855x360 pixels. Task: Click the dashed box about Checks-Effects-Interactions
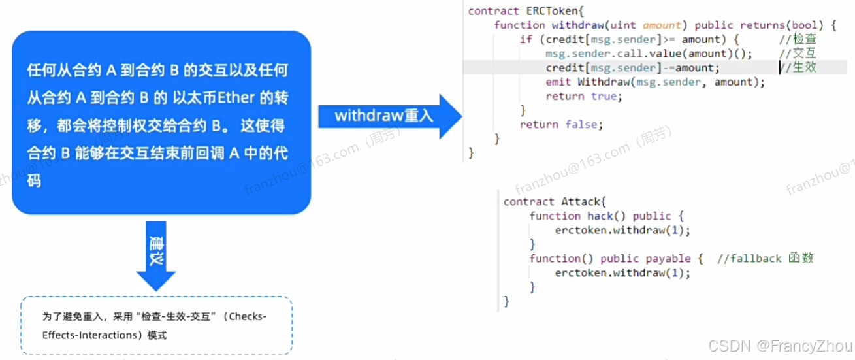coord(156,325)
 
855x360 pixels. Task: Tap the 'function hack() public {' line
coord(605,216)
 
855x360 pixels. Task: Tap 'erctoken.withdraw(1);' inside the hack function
coord(622,230)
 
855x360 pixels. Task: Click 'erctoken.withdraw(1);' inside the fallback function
coord(622,272)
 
